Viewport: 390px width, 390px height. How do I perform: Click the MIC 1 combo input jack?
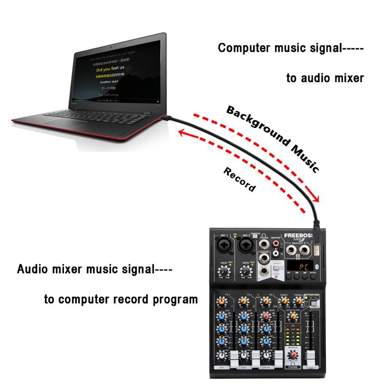click(222, 246)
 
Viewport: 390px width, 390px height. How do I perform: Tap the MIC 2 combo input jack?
click(245, 246)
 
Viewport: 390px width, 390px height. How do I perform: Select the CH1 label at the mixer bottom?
click(222, 367)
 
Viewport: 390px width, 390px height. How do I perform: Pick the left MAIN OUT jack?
click(291, 248)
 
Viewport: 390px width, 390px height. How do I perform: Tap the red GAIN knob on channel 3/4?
click(266, 316)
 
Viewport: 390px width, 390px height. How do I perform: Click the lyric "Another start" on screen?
click(109, 82)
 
